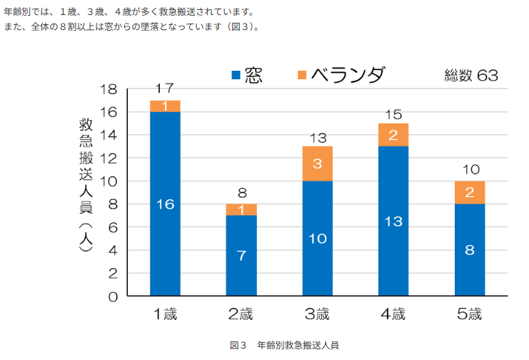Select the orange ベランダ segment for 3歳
coord(318,164)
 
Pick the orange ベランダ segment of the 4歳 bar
coord(394,135)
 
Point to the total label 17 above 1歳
coord(165,89)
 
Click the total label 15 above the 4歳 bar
coord(394,113)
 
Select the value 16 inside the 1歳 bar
coord(165,204)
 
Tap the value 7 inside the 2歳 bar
coord(241,255)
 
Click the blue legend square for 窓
coord(235,75)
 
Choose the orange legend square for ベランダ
coord(302,75)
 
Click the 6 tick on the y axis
coord(114,227)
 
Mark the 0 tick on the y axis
coord(114,296)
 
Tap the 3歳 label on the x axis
coord(318,314)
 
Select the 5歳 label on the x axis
coord(470,314)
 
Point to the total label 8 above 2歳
coord(241,192)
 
